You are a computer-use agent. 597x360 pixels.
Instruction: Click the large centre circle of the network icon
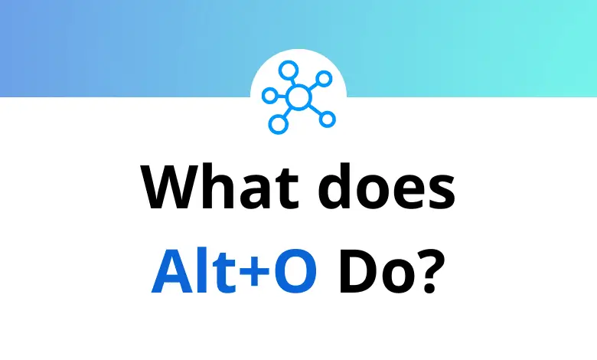[298, 97]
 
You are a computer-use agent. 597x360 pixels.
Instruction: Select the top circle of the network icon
[288, 71]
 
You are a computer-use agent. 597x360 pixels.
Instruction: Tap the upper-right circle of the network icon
[324, 79]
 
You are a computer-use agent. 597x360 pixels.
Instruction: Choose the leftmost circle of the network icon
[268, 94]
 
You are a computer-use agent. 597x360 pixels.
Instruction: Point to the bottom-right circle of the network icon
[328, 118]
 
